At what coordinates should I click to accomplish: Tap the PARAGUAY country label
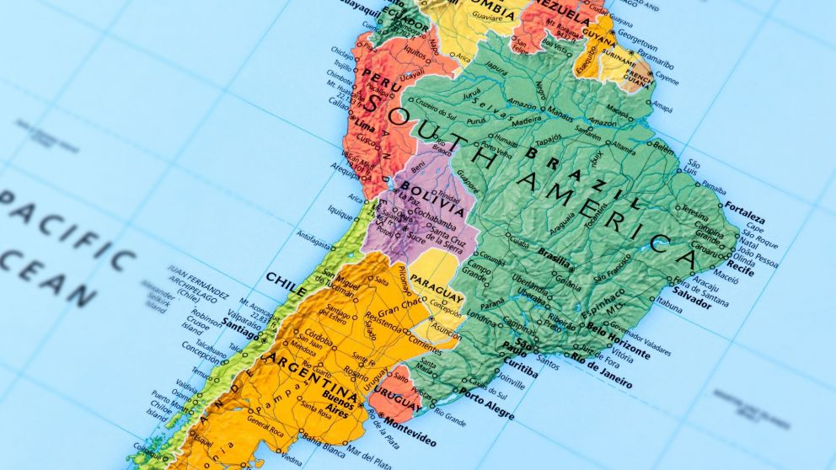point(437,286)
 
